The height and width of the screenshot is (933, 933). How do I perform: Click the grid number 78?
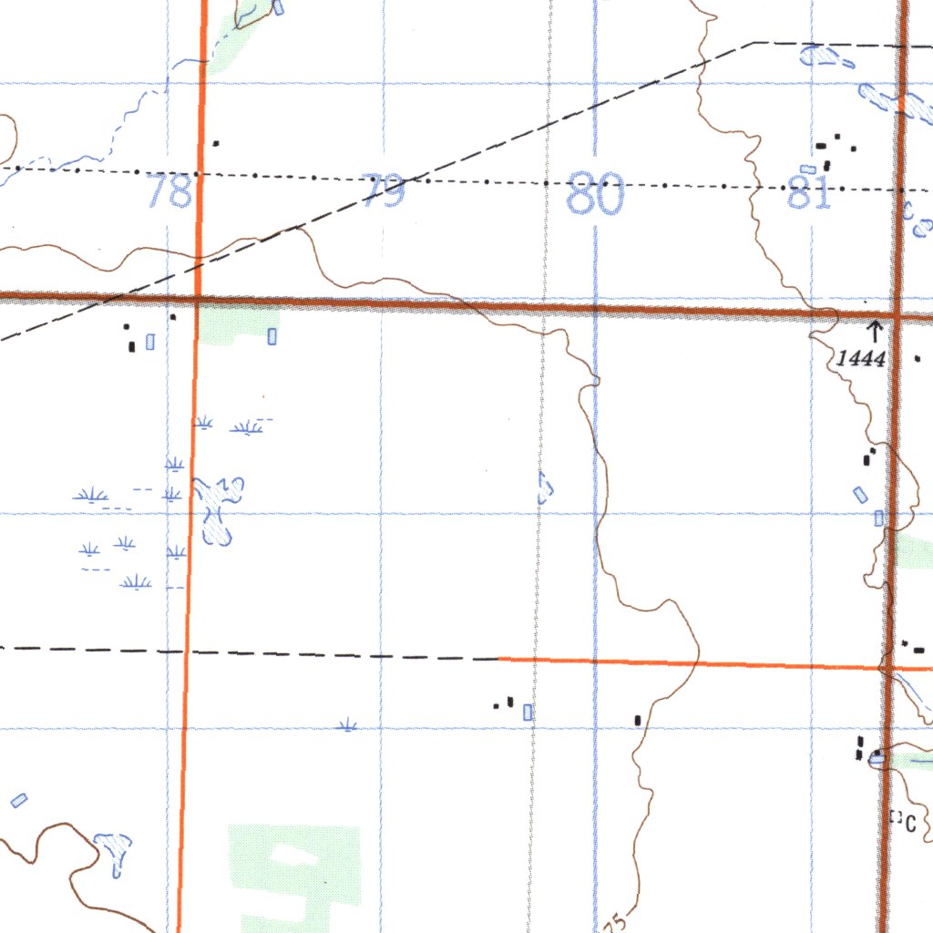point(170,191)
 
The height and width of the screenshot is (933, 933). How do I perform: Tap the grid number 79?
point(384,190)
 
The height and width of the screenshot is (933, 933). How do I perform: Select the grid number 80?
point(594,193)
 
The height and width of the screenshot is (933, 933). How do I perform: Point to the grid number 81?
point(810,193)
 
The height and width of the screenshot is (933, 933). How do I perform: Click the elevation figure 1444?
point(860,359)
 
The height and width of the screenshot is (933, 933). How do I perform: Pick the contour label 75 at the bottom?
point(615,924)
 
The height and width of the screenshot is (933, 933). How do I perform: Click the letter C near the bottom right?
point(910,824)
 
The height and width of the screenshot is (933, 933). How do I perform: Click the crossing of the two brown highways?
point(897,316)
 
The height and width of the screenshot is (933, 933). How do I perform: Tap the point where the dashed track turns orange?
point(499,658)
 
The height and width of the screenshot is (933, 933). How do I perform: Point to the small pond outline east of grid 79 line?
point(545,488)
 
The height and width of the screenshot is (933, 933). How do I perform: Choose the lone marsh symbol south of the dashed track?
point(346,725)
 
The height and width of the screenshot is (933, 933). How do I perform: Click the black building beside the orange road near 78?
point(216,143)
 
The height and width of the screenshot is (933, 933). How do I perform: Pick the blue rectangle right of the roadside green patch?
point(272,336)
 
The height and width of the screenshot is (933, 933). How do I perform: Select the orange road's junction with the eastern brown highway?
point(887,669)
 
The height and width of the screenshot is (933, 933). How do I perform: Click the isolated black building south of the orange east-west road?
point(637,721)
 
